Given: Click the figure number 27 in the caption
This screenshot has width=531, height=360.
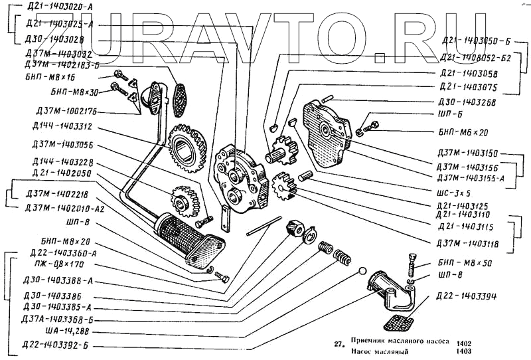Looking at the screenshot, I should coord(339,344).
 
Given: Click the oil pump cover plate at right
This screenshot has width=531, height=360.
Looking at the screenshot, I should coord(325,133).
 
